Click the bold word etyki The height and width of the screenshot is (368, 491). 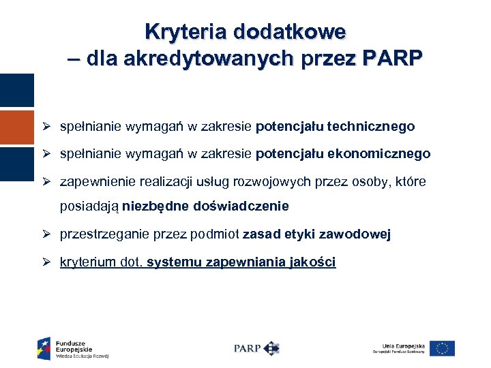click(x=305, y=235)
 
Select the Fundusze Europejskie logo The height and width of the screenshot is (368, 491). click(x=73, y=348)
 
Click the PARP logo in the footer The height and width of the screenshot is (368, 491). click(x=256, y=348)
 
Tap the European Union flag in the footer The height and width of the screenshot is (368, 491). click(x=442, y=348)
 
